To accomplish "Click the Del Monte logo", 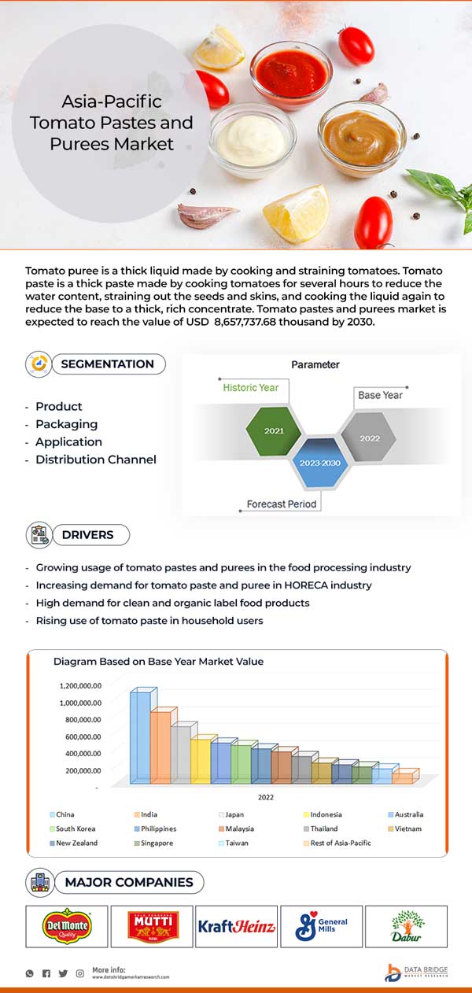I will [x=67, y=926].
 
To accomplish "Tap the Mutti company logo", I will [x=153, y=926].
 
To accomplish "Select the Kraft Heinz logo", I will [x=236, y=927].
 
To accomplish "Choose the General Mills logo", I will [x=321, y=927].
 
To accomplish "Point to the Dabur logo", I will [x=406, y=926].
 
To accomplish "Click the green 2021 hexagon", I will [x=275, y=431].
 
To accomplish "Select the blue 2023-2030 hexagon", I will [x=319, y=463].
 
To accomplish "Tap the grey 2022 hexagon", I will [x=369, y=437].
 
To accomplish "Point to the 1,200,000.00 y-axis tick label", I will [x=79, y=686].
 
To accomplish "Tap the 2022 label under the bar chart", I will [x=265, y=797].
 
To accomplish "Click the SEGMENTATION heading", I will [x=107, y=364].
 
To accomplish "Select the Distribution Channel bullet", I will [x=95, y=460].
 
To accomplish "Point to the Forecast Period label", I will [x=281, y=504].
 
